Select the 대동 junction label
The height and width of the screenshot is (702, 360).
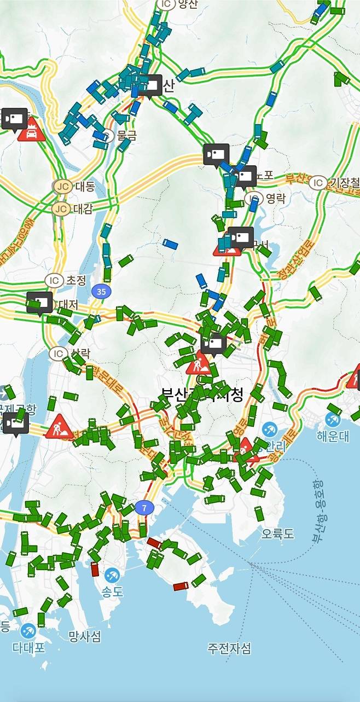(x=84, y=186)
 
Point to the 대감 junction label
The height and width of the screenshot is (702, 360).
(x=84, y=208)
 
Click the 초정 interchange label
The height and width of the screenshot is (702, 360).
(x=76, y=280)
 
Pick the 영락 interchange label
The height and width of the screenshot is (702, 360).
(x=275, y=198)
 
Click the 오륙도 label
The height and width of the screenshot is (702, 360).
(x=277, y=533)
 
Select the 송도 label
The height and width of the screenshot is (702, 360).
(x=113, y=591)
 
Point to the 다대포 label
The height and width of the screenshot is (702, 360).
(x=28, y=648)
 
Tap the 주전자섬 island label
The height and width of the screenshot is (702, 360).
(x=229, y=649)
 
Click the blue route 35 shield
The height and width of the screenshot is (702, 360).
(x=101, y=292)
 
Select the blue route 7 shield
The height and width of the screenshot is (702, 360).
(x=144, y=507)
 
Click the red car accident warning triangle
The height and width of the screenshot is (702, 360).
(x=31, y=130)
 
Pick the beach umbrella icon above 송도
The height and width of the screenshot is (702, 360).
(x=112, y=575)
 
